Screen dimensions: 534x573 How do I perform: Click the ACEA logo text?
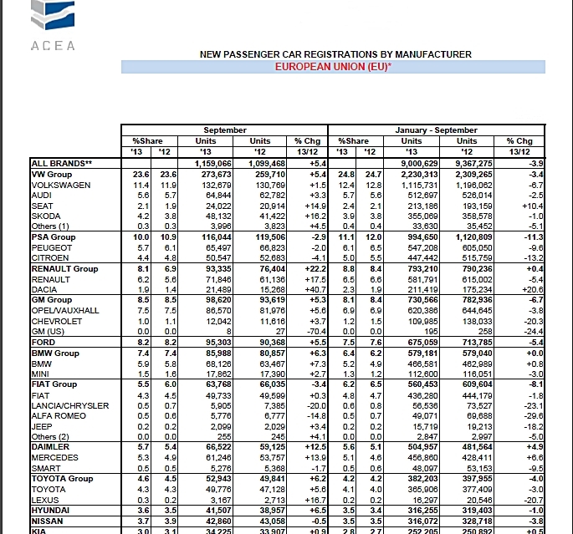53,46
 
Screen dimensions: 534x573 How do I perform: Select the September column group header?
225,130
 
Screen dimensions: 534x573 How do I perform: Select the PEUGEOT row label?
51,248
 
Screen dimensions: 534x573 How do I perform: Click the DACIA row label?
45,288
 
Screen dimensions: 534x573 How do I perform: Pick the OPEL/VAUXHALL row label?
65,311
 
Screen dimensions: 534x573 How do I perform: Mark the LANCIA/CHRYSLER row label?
70,405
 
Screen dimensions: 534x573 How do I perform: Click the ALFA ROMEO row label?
59,415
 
